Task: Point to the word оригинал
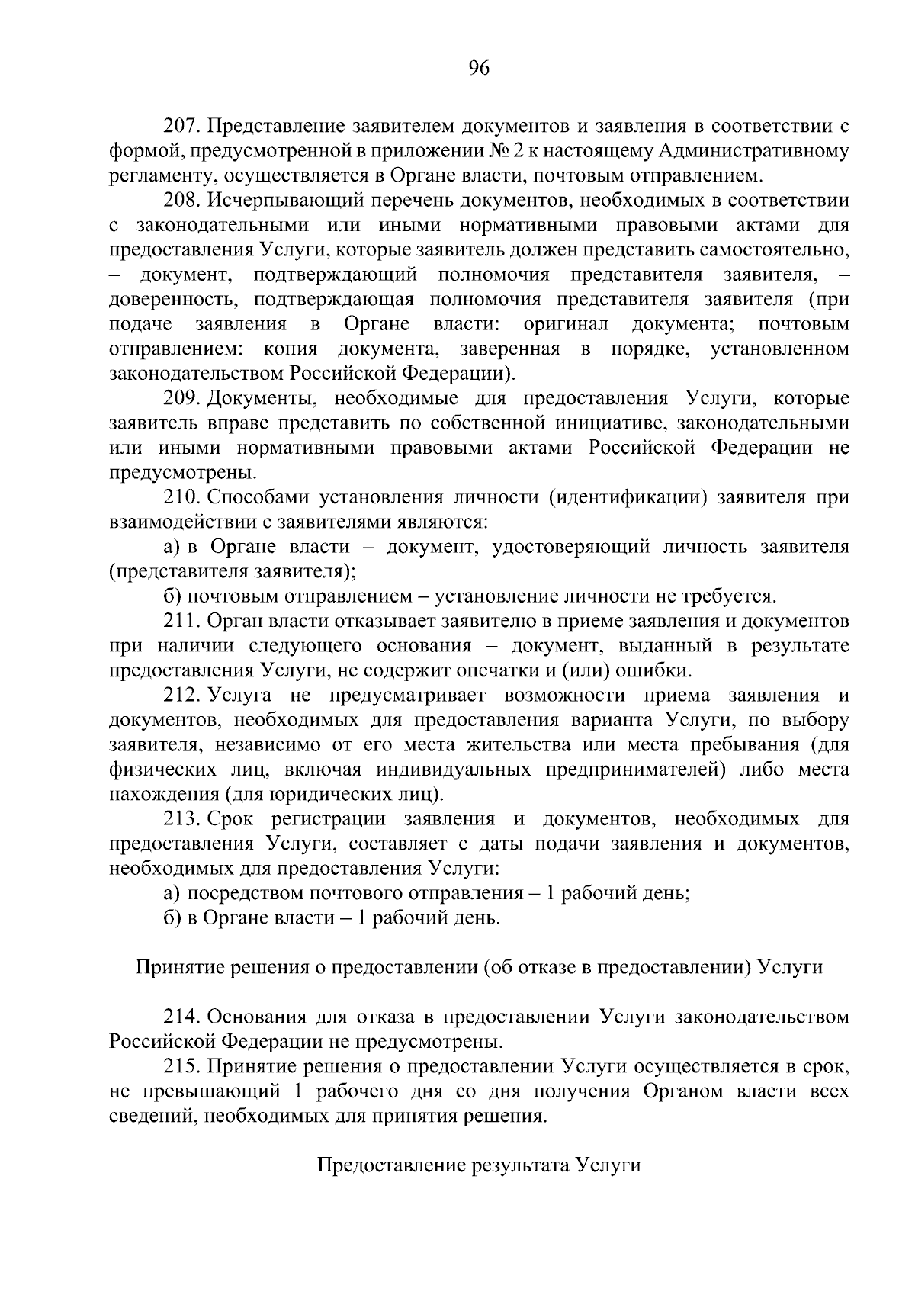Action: pos(566,324)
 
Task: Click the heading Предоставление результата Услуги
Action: pos(478,1166)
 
